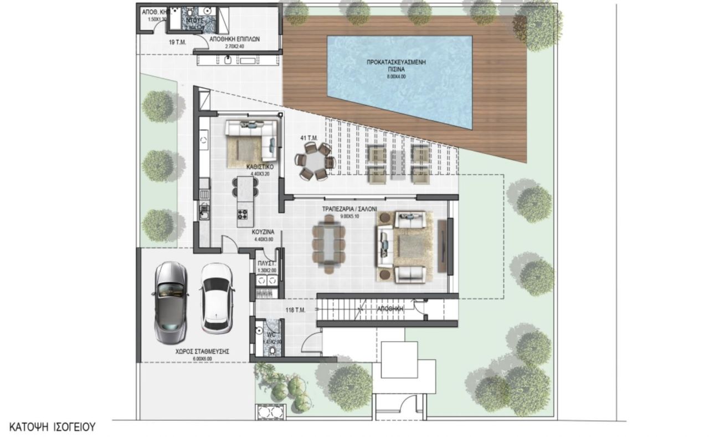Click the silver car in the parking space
point(169,302)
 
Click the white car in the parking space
point(214,297)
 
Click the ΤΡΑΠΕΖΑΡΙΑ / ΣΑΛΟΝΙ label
point(350,210)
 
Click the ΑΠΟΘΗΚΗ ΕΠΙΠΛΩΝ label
point(235,40)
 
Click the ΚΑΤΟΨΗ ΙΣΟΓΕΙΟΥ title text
point(53,427)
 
